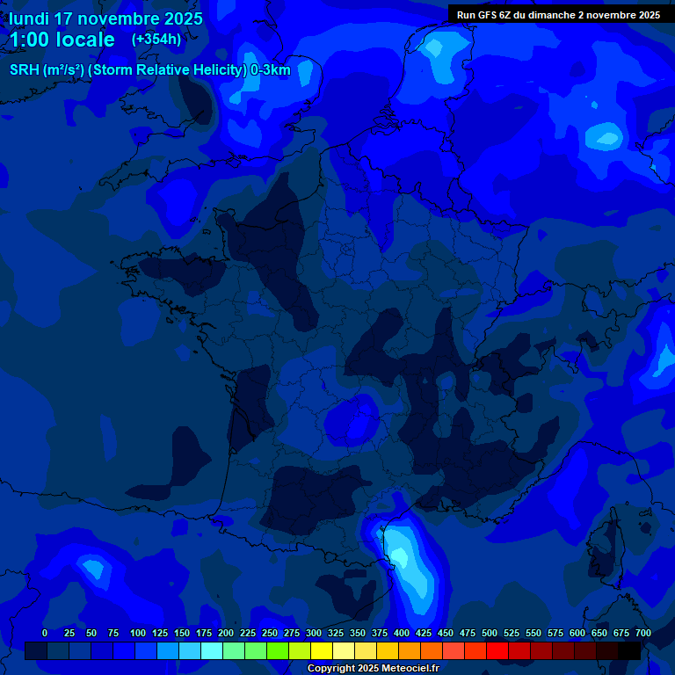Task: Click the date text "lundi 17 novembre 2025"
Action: coord(105,18)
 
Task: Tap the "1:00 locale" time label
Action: coord(62,40)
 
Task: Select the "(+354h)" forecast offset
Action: coord(156,40)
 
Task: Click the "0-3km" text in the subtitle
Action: coord(270,70)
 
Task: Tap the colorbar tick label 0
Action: coord(45,633)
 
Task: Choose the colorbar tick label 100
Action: coord(138,633)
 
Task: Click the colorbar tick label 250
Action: coord(270,633)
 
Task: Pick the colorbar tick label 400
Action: coord(402,633)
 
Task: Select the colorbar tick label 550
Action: coord(533,633)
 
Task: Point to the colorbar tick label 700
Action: coord(642,633)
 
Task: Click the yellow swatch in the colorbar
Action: coord(322,650)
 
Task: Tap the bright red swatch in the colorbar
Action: coord(497,650)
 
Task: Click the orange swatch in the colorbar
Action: coord(410,650)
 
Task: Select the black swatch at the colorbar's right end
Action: coord(629,650)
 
